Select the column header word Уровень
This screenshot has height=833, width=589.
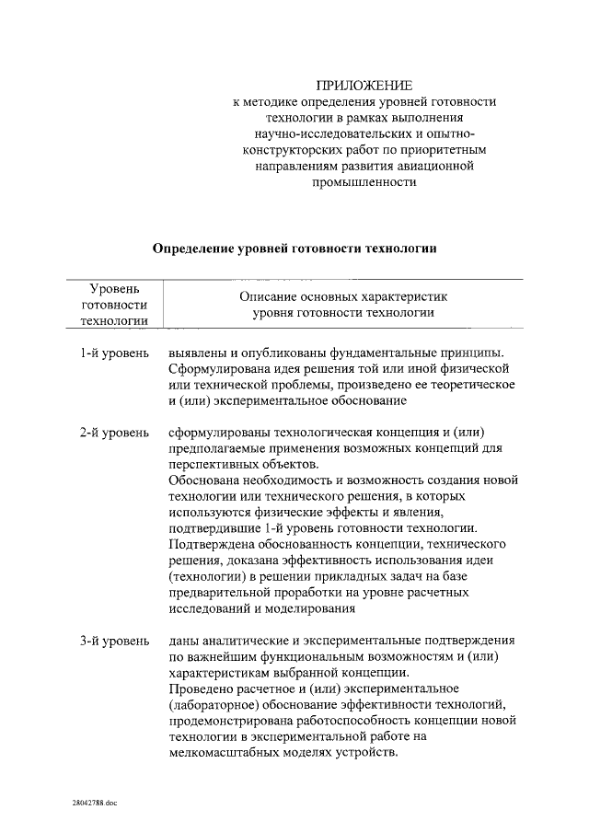[x=114, y=289]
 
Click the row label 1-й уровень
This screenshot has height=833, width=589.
[x=113, y=353]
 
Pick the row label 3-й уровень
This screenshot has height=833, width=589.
[x=113, y=640]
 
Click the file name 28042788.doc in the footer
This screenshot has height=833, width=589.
[x=95, y=803]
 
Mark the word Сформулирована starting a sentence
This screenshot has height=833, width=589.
[x=215, y=369]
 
